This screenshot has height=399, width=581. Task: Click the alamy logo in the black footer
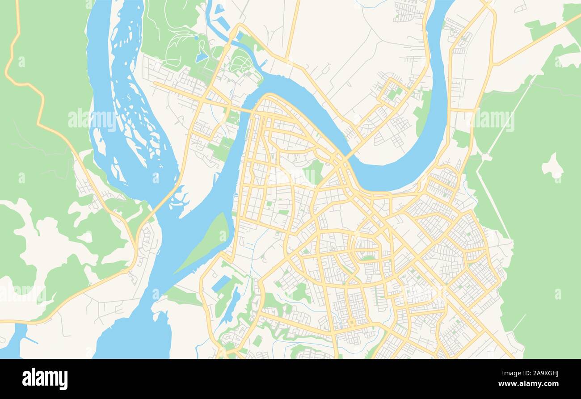45,378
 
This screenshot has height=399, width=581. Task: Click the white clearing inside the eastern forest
552,167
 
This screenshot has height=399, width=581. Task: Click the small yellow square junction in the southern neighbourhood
352,323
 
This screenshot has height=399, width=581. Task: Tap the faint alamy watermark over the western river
92,120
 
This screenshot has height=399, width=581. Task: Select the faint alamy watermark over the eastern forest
494,120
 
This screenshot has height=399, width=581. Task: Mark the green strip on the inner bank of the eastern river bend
421,114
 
